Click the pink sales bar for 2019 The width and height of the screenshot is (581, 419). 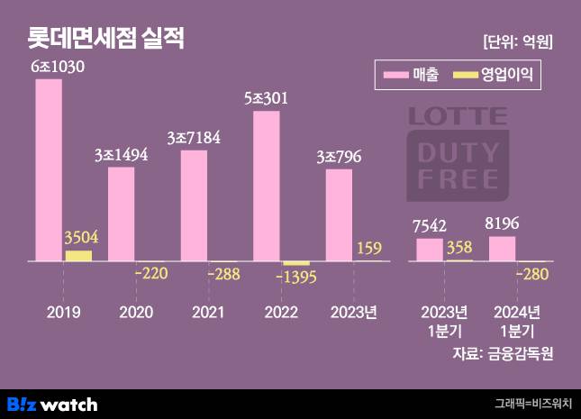50,169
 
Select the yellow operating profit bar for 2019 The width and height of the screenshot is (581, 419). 78,256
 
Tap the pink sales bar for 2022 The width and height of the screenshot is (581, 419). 267,187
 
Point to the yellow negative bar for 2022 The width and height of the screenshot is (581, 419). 295,263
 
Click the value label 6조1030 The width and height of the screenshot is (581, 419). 59,68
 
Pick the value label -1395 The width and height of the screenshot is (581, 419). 298,277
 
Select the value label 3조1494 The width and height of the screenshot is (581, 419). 121,155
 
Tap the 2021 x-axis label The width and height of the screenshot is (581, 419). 209,313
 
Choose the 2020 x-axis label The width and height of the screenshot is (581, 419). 136,313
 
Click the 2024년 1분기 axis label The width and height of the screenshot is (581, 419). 516,321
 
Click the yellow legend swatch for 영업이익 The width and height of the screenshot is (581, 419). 466,76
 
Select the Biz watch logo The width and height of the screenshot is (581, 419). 52,404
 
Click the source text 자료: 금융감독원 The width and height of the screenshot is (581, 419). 503,352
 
